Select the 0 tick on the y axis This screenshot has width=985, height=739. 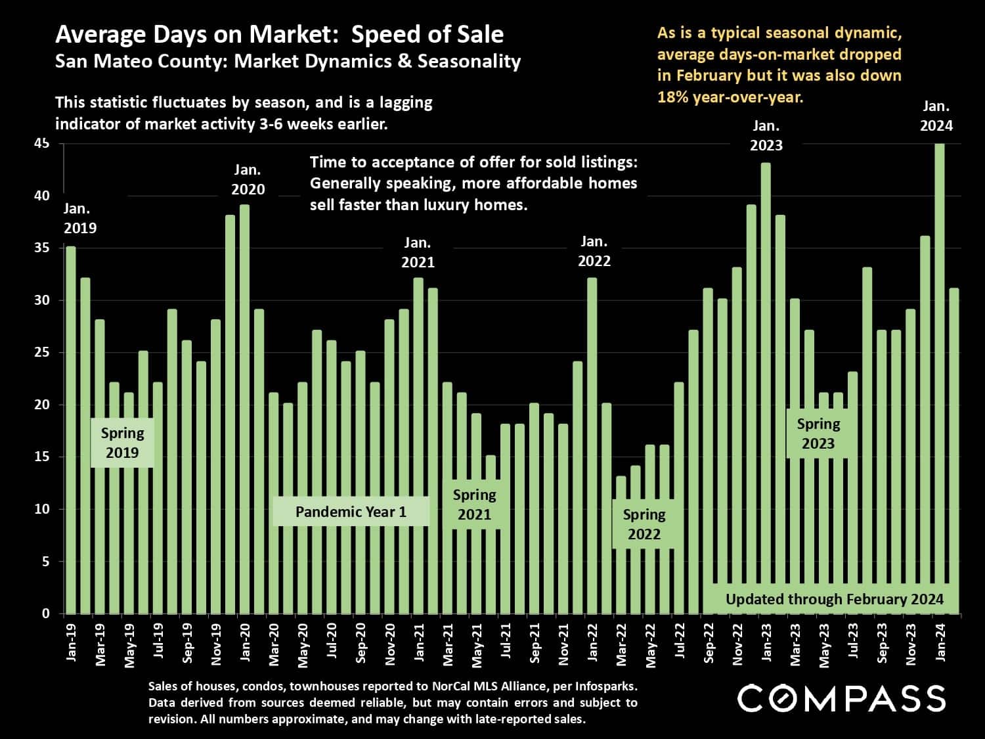[x=46, y=614]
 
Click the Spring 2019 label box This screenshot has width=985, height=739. [x=122, y=443]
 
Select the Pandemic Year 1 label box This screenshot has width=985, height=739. [x=351, y=512]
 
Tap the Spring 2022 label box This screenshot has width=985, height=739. [x=644, y=524]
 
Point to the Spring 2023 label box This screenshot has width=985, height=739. [x=818, y=434]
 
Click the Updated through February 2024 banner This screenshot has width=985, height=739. [x=834, y=599]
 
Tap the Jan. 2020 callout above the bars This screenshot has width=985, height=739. [x=248, y=179]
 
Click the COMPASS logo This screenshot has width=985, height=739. [x=841, y=698]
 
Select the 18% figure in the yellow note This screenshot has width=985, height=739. [x=672, y=97]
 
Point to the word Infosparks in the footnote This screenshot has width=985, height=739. [x=605, y=686]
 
